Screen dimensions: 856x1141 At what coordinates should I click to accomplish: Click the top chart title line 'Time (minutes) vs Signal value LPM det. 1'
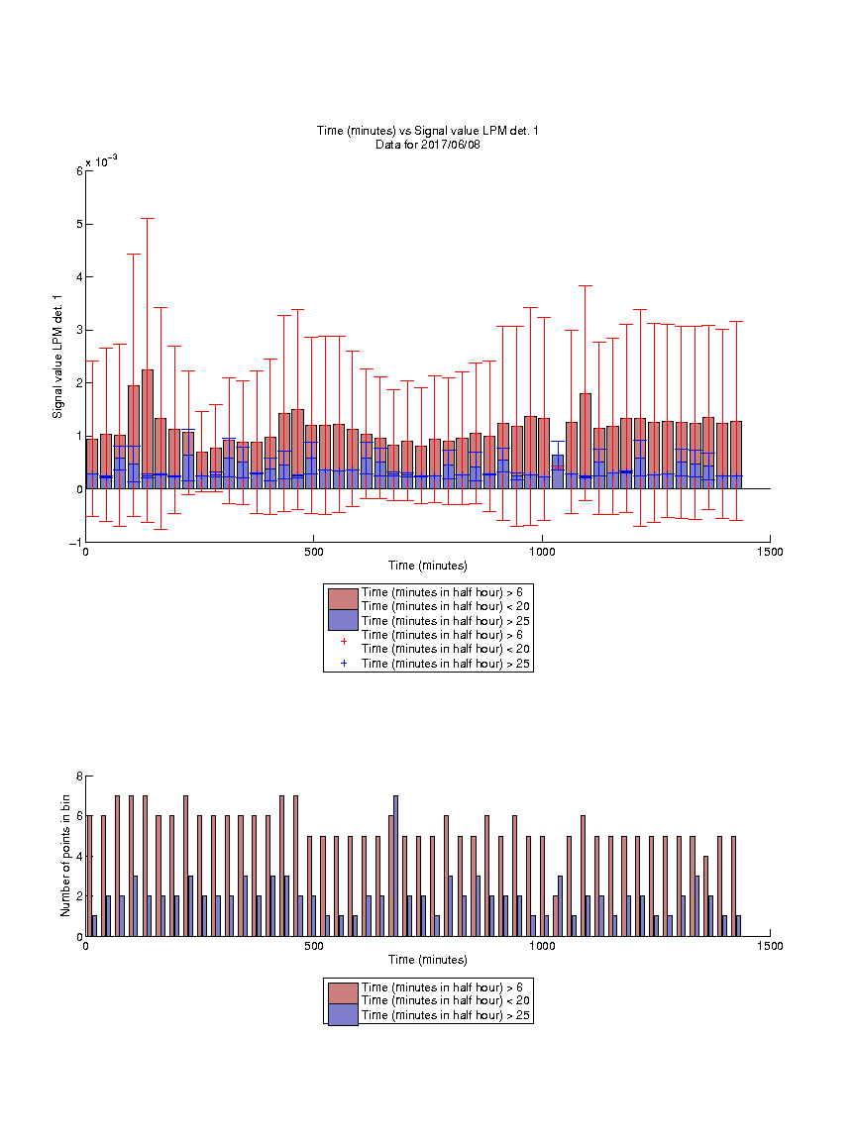click(427, 131)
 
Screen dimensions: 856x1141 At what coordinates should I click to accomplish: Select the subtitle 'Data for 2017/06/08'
click(427, 144)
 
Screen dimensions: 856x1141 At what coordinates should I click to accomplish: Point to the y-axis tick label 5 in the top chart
click(79, 224)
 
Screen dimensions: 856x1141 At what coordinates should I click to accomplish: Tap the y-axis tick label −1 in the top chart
click(75, 543)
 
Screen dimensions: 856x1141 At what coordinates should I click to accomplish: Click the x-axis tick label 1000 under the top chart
click(542, 552)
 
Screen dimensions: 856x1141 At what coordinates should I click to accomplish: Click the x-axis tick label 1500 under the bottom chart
click(770, 946)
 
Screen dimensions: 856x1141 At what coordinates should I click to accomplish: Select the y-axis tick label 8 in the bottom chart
click(79, 777)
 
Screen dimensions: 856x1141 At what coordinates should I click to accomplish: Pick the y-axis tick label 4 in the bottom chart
click(79, 857)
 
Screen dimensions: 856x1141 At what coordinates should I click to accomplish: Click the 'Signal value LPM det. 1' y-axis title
click(57, 357)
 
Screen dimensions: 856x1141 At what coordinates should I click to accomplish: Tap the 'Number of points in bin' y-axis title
click(65, 856)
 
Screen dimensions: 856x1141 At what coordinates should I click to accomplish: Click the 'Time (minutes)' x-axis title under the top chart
click(427, 566)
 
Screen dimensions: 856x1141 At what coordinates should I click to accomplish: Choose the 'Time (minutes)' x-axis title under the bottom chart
click(427, 960)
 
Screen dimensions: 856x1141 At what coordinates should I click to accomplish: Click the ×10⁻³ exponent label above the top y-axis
click(102, 161)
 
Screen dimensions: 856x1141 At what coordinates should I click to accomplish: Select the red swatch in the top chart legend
click(343, 599)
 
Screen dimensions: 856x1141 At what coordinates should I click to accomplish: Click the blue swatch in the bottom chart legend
click(343, 1015)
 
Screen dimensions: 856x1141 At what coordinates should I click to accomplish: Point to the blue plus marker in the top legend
click(344, 663)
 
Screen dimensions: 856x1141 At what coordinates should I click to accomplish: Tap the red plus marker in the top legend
click(344, 641)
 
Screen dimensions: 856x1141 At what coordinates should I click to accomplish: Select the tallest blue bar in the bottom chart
click(395, 866)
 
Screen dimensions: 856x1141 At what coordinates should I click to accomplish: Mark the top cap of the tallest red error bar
click(147, 218)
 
